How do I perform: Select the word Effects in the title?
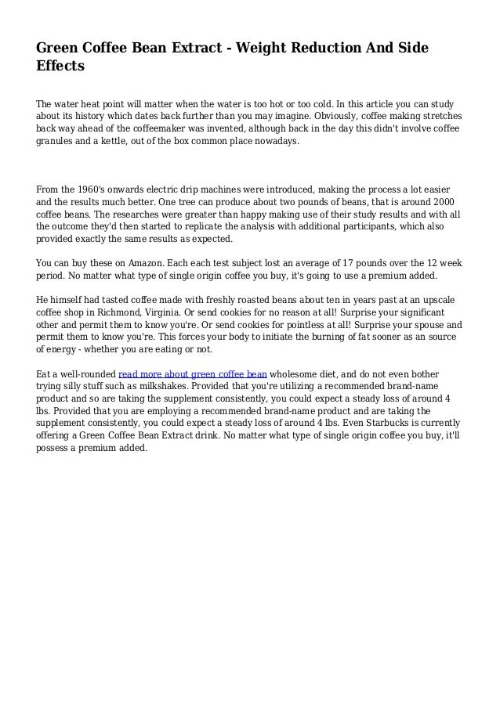click(x=60, y=67)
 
